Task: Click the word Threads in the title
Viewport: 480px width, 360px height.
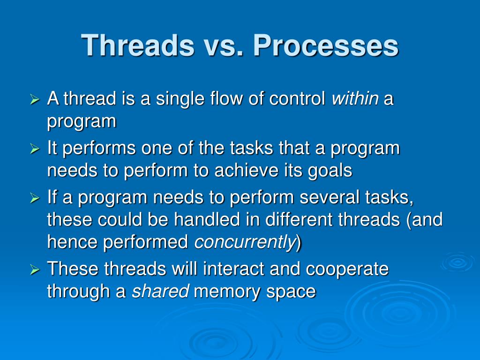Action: click(138, 45)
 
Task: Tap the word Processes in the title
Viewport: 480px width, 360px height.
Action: click(326, 45)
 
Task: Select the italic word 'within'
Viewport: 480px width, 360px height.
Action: click(355, 98)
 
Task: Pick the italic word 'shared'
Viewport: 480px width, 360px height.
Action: click(160, 291)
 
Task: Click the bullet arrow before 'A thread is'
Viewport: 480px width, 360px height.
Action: click(35, 99)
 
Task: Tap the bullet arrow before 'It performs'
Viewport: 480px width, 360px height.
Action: click(35, 149)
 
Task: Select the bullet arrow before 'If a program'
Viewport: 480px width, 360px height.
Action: click(35, 198)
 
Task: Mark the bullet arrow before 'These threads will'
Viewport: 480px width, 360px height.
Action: click(35, 270)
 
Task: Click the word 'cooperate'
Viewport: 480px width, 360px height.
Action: click(347, 270)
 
